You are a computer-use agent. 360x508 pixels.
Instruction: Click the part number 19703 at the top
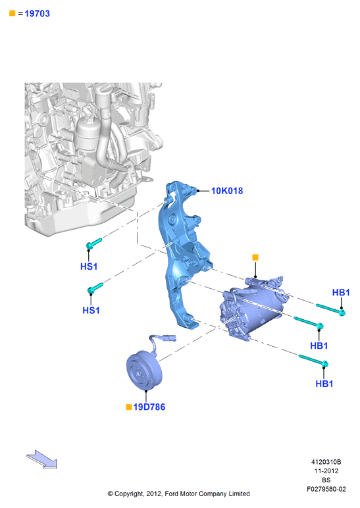pos(38,14)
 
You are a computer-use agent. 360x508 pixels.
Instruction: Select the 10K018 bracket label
pos(227,191)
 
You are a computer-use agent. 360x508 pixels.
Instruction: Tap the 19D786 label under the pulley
pos(149,407)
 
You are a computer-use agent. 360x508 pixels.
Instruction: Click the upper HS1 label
pos(89,267)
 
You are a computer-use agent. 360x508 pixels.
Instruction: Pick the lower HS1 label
pos(91,311)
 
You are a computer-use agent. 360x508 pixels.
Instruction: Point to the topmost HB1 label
pos(341,293)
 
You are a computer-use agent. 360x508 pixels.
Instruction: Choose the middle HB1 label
pos(319,345)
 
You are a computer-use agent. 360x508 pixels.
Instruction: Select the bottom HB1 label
pos(324,384)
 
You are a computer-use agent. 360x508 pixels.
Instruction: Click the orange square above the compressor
pos(255,257)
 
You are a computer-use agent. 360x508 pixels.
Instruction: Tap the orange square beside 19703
pos(13,13)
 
